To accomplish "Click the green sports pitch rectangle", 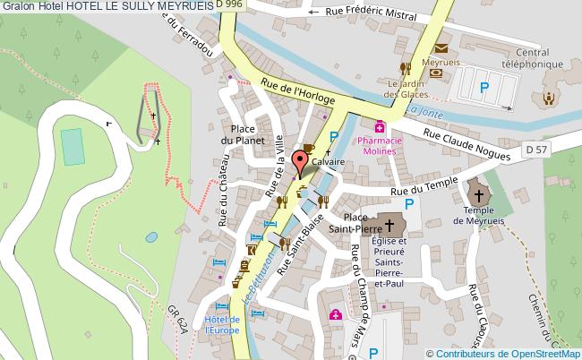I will point(71,141).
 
